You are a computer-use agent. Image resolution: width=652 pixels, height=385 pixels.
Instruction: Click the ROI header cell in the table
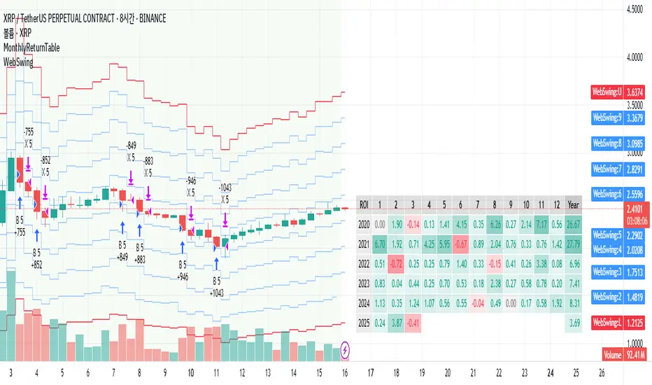[x=364, y=205]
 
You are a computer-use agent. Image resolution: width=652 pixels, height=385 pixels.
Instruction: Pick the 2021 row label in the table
[x=364, y=244]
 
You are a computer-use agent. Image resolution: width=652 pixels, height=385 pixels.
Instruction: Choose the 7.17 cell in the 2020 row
[x=541, y=224]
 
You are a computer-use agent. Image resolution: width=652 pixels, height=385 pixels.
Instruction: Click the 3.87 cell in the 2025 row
[x=397, y=323]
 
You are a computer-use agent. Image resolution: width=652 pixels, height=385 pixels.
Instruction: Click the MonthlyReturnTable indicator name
[x=32, y=48]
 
